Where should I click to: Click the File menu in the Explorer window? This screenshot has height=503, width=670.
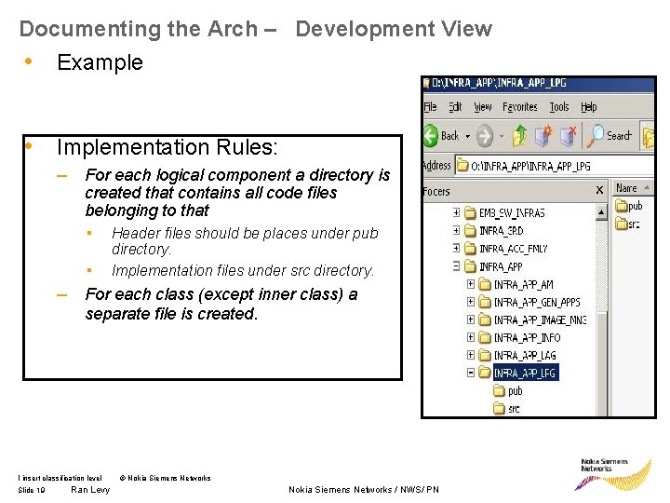(x=430, y=107)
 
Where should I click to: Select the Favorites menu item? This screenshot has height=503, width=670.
(x=520, y=107)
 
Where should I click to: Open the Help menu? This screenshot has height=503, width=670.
(x=588, y=107)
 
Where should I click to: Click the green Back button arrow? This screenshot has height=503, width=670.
(x=431, y=136)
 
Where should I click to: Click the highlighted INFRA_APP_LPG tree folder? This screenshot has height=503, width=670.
(x=528, y=374)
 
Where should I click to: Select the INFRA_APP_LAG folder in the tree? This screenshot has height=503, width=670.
(x=525, y=356)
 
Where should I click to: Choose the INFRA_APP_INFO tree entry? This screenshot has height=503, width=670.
(x=527, y=338)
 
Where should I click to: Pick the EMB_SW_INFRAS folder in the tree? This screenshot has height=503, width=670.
(x=512, y=213)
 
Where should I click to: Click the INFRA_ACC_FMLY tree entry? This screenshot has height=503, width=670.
(x=514, y=249)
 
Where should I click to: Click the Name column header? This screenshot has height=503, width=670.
(x=627, y=188)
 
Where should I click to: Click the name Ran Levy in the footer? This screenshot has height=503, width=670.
(x=90, y=490)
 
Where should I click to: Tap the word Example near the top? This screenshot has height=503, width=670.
(x=100, y=62)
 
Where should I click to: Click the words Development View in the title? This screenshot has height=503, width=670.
(x=394, y=29)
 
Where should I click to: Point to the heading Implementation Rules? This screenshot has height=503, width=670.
(x=167, y=147)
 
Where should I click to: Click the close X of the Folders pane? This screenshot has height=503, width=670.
(x=599, y=190)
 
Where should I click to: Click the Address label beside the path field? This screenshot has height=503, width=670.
(x=436, y=166)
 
